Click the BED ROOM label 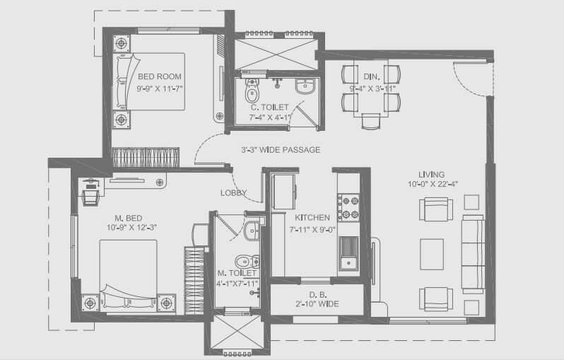(160, 76)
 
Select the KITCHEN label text (312, 217)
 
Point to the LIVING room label (431, 174)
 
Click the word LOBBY (233, 192)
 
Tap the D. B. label (316, 294)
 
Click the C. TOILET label (270, 107)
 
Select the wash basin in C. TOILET (305, 89)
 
